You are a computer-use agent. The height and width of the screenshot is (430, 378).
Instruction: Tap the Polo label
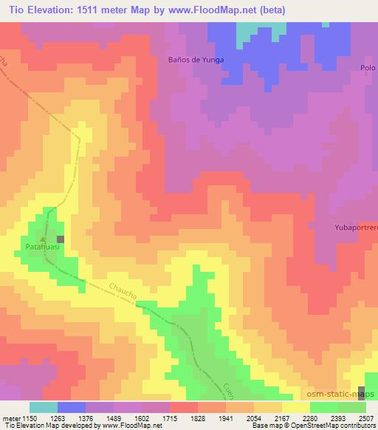pos(368,68)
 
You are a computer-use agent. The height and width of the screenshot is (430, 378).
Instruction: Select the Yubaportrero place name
pos(356,228)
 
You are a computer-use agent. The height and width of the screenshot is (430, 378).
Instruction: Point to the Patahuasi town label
pos(43,249)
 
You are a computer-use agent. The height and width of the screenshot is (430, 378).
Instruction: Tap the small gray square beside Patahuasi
pos(61,239)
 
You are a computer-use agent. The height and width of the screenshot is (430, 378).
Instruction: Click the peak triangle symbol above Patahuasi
pos(43,239)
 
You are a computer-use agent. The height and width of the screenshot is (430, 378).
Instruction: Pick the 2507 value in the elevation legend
pos(365,417)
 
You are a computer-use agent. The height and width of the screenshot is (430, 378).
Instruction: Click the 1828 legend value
pos(198,417)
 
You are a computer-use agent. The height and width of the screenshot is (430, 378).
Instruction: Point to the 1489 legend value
pos(114,417)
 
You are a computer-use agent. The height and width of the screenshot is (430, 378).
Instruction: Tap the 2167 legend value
pos(281,417)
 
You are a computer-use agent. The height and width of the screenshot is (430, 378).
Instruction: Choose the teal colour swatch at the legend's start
pos(43,407)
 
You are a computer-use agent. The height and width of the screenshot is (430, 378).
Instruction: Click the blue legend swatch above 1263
pos(71,407)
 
